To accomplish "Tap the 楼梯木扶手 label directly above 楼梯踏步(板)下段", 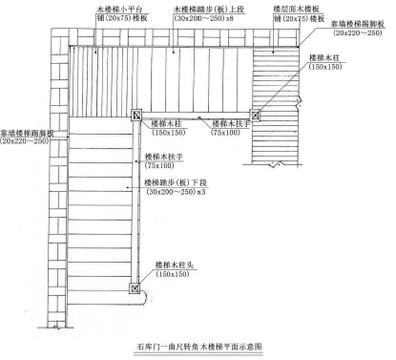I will pos(163,156).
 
